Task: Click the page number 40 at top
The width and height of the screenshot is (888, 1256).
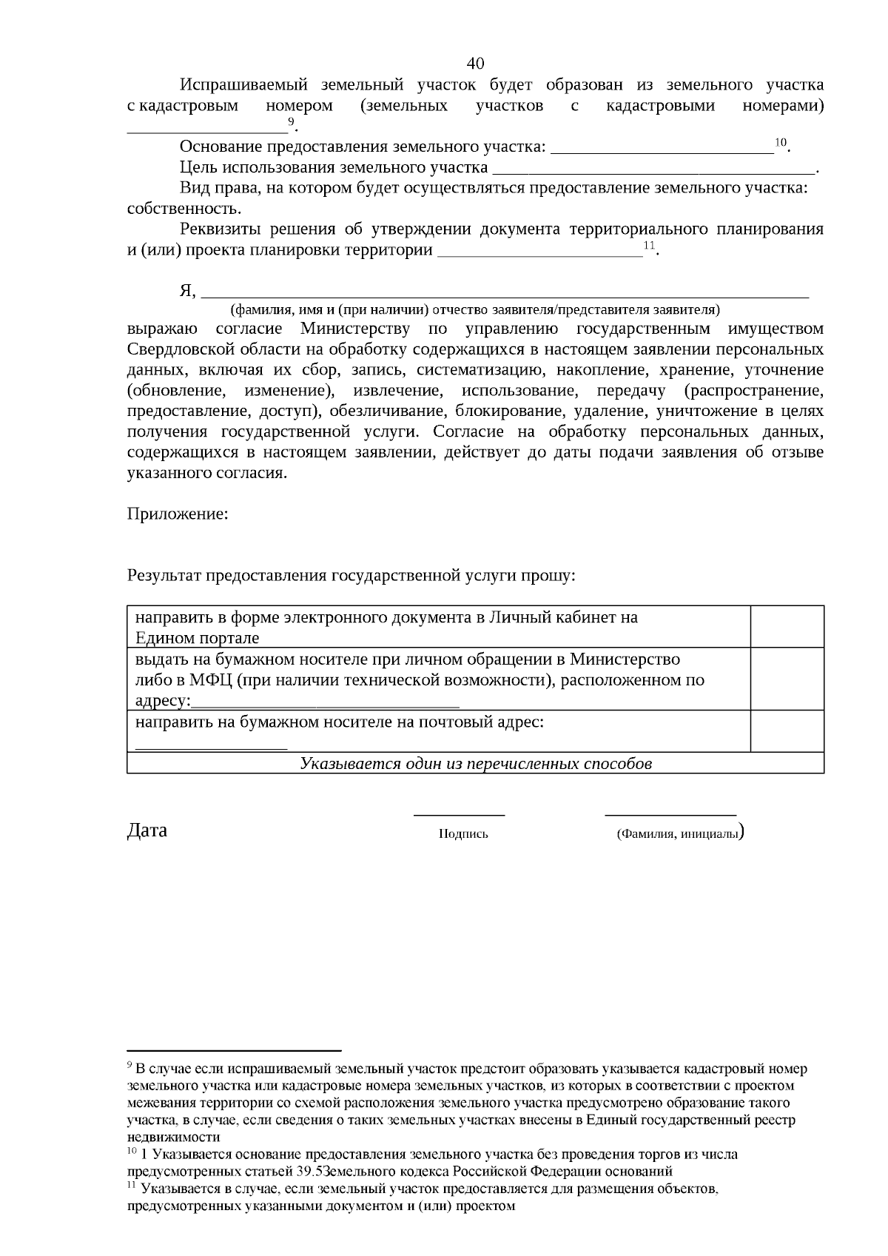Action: click(476, 62)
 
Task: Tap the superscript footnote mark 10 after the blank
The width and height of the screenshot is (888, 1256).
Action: click(781, 141)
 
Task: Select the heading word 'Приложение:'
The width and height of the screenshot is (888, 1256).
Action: click(178, 514)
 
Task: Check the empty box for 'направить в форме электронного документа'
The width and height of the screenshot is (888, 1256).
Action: click(787, 626)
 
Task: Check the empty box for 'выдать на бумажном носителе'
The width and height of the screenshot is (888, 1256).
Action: click(787, 679)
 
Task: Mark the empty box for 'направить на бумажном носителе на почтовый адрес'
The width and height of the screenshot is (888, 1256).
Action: click(787, 731)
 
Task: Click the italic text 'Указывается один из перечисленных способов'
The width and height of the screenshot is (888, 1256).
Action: click(475, 763)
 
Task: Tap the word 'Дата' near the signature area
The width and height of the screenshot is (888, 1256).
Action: click(147, 830)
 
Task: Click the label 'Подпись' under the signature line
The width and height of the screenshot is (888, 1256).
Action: click(463, 834)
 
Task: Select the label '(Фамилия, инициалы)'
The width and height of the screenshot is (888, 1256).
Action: click(679, 833)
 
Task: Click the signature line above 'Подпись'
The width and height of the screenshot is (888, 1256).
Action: click(459, 814)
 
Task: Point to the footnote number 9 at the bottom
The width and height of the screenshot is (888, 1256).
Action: click(130, 1066)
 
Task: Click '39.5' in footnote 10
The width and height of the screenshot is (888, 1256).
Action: click(313, 1172)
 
